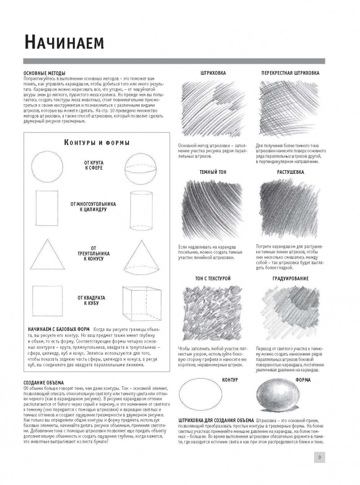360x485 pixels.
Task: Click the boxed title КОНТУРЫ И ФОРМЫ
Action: [x=97, y=143]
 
